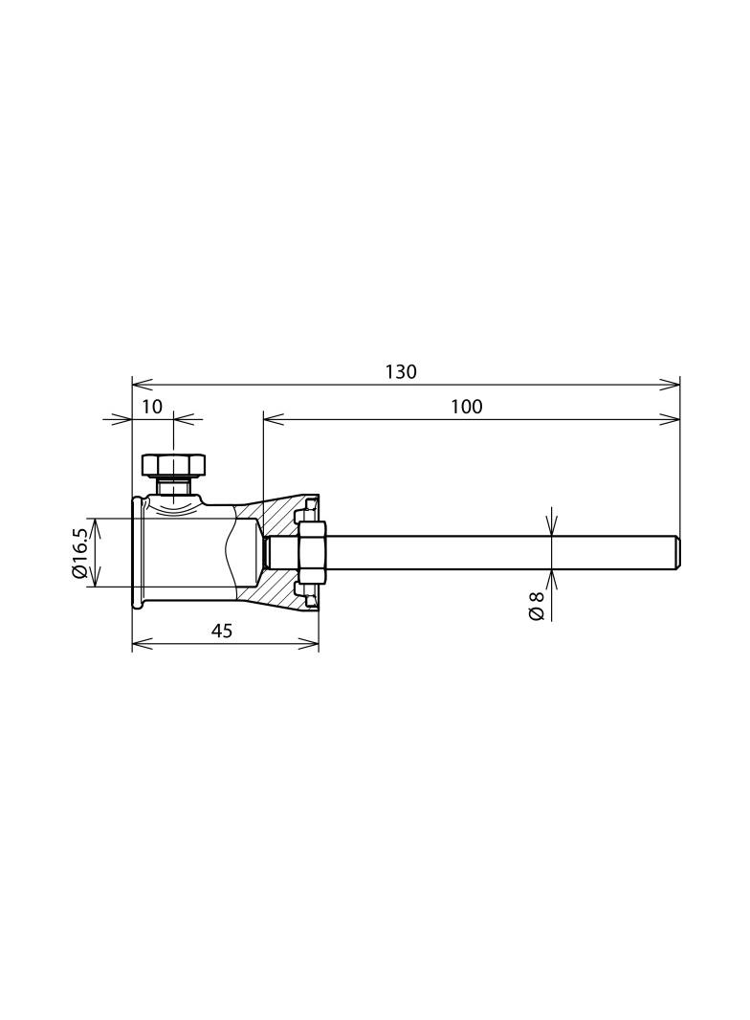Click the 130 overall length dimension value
coord(401,372)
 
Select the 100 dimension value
coord(467,407)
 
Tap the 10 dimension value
coord(152,407)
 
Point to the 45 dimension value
coord(222,631)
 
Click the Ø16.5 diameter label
coord(80,553)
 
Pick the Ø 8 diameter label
coord(537,606)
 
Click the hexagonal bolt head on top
coord(173,465)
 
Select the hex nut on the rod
coord(312,552)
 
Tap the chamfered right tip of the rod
coord(676,552)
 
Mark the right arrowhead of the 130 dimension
coord(673,385)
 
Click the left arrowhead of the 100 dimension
coord(270,419)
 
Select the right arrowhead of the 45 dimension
coord(312,644)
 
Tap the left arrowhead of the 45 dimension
coord(139,644)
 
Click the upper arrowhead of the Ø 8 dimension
coord(552,529)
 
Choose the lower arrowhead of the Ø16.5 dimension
coord(100,580)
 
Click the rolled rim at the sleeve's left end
coord(138,552)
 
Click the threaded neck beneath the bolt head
coord(173,488)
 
